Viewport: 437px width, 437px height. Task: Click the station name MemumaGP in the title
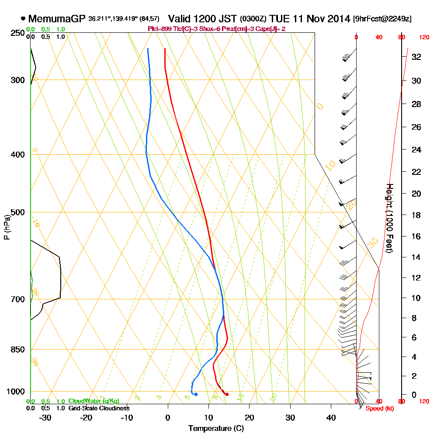57,19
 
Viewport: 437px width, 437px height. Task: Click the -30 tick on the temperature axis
45,417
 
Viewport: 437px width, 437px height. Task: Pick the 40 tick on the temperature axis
331,417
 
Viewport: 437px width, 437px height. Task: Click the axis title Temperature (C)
216,429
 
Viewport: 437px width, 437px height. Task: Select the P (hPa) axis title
7,227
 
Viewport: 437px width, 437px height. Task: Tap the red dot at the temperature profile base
226,395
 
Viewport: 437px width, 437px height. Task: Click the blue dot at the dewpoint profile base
196,395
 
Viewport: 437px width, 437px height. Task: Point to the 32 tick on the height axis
416,57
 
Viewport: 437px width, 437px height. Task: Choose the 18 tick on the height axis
416,215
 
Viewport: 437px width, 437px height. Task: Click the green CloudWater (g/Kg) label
94,401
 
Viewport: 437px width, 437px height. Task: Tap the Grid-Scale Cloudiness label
99,408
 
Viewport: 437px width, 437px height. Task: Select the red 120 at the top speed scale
424,38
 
